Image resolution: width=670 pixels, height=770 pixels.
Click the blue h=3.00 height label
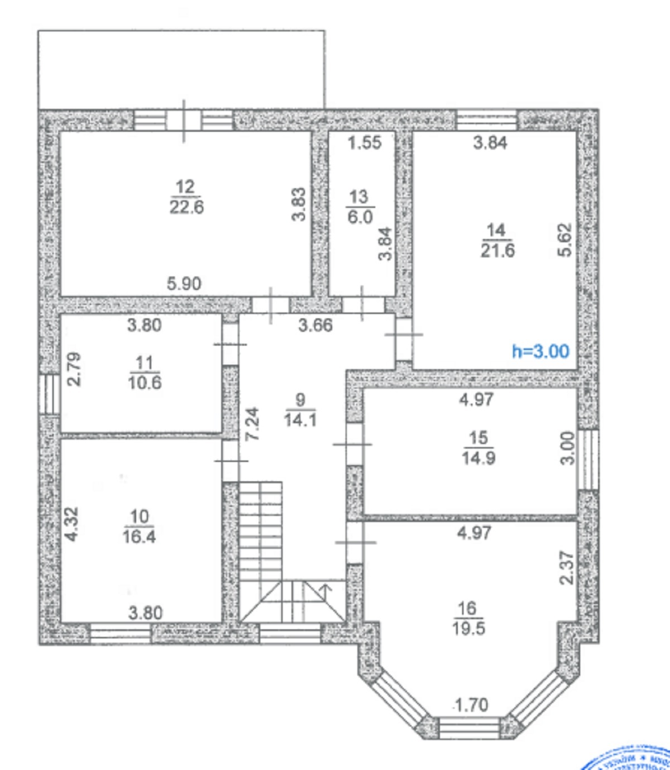pos(540,351)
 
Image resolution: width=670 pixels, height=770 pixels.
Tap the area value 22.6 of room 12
pos(186,207)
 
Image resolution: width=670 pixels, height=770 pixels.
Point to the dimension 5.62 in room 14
pos(565,240)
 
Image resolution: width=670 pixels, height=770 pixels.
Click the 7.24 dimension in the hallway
pos(252,424)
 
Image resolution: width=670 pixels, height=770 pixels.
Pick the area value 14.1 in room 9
pos(300,419)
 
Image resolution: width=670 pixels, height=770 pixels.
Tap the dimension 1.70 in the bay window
pos(471,705)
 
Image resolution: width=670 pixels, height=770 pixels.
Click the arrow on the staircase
pos(324,588)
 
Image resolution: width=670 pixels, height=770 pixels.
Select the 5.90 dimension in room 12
pos(184,284)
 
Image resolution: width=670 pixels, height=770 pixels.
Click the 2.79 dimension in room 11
pos(74,369)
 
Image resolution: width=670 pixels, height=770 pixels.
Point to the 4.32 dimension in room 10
pos(71,523)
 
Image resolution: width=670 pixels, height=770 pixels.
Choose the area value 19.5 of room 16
pos(469,628)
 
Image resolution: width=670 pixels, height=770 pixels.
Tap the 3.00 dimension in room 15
pos(567,448)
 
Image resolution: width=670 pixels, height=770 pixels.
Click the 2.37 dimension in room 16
pos(567,568)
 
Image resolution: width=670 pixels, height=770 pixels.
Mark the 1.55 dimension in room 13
pos(365,142)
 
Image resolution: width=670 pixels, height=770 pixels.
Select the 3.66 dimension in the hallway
pos(315,325)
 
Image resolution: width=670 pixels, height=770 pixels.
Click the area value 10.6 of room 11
pos(145,383)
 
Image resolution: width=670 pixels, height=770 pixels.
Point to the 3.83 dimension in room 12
pos(300,204)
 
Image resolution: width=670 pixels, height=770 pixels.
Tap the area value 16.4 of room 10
pos(140,537)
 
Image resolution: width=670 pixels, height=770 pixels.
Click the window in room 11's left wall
pos(50,394)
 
